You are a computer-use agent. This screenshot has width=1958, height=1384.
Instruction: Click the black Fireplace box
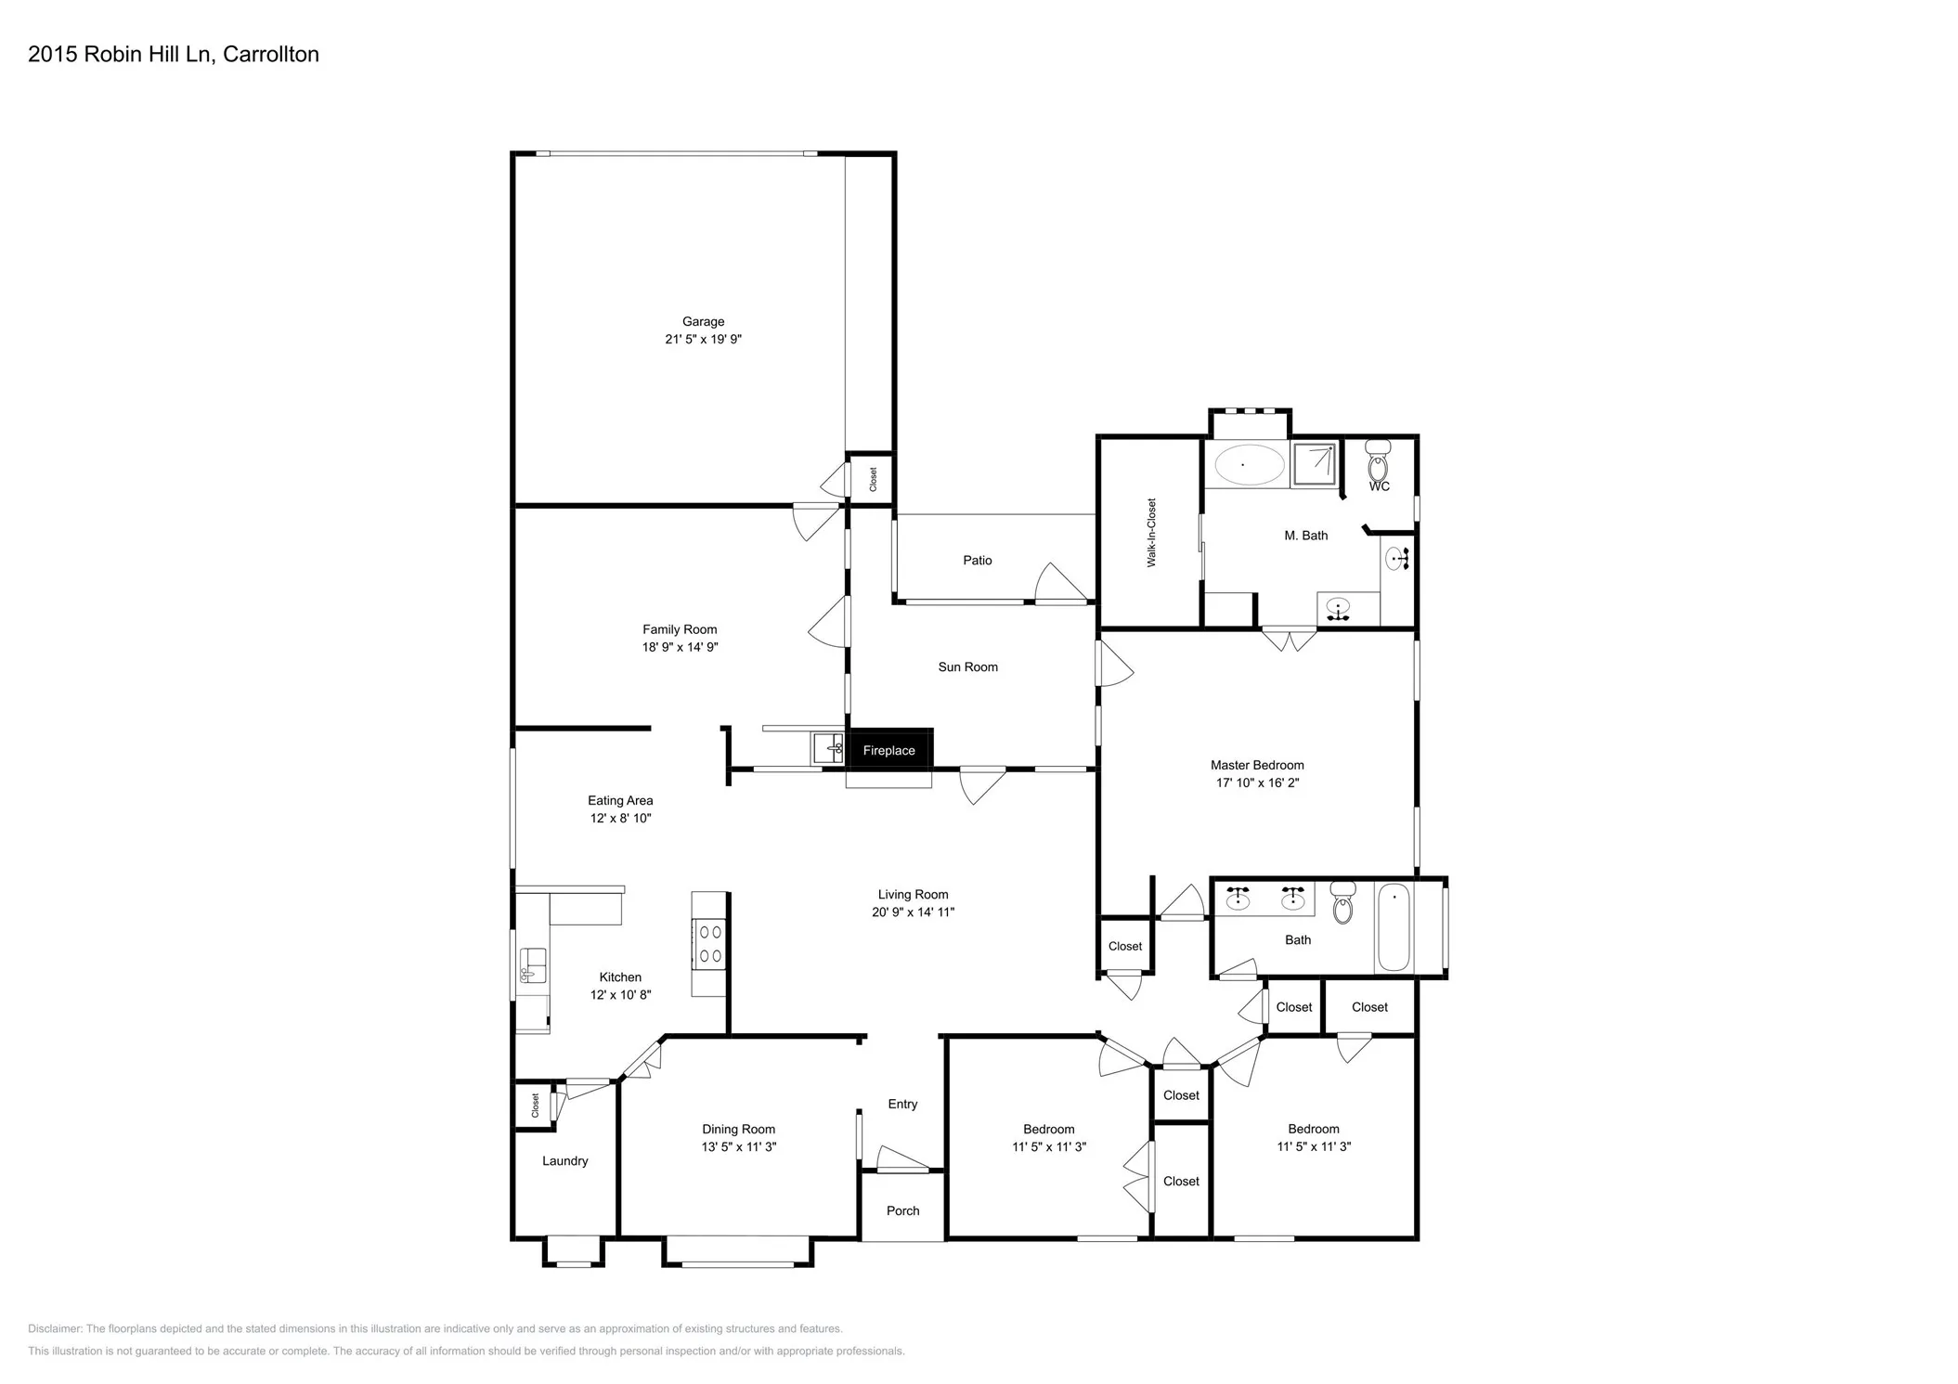point(888,750)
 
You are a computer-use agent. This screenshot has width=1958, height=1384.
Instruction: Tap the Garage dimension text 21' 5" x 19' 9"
point(703,340)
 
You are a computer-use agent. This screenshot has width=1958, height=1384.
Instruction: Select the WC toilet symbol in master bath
point(1379,461)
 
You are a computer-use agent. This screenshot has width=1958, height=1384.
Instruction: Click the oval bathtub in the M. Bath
point(1249,464)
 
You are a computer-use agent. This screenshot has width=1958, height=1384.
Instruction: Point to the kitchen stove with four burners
point(710,943)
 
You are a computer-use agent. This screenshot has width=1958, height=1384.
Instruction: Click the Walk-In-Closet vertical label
point(1151,533)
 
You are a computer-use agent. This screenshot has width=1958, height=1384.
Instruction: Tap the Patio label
point(977,561)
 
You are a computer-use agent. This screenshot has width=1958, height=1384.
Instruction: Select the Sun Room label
point(967,667)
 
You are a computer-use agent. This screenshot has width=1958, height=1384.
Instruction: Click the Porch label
point(902,1211)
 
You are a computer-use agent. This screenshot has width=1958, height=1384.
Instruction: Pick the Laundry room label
point(564,1161)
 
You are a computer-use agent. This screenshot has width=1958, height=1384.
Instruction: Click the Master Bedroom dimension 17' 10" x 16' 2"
point(1257,783)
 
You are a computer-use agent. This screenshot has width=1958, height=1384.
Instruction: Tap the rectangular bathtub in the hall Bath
point(1394,928)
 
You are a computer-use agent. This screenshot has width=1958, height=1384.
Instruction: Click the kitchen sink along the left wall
point(532,965)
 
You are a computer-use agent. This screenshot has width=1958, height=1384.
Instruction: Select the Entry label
point(902,1105)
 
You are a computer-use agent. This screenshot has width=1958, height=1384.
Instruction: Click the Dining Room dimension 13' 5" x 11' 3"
point(738,1147)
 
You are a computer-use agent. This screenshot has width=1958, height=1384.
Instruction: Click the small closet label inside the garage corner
point(873,480)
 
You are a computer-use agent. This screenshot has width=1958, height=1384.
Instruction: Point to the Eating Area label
point(620,801)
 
